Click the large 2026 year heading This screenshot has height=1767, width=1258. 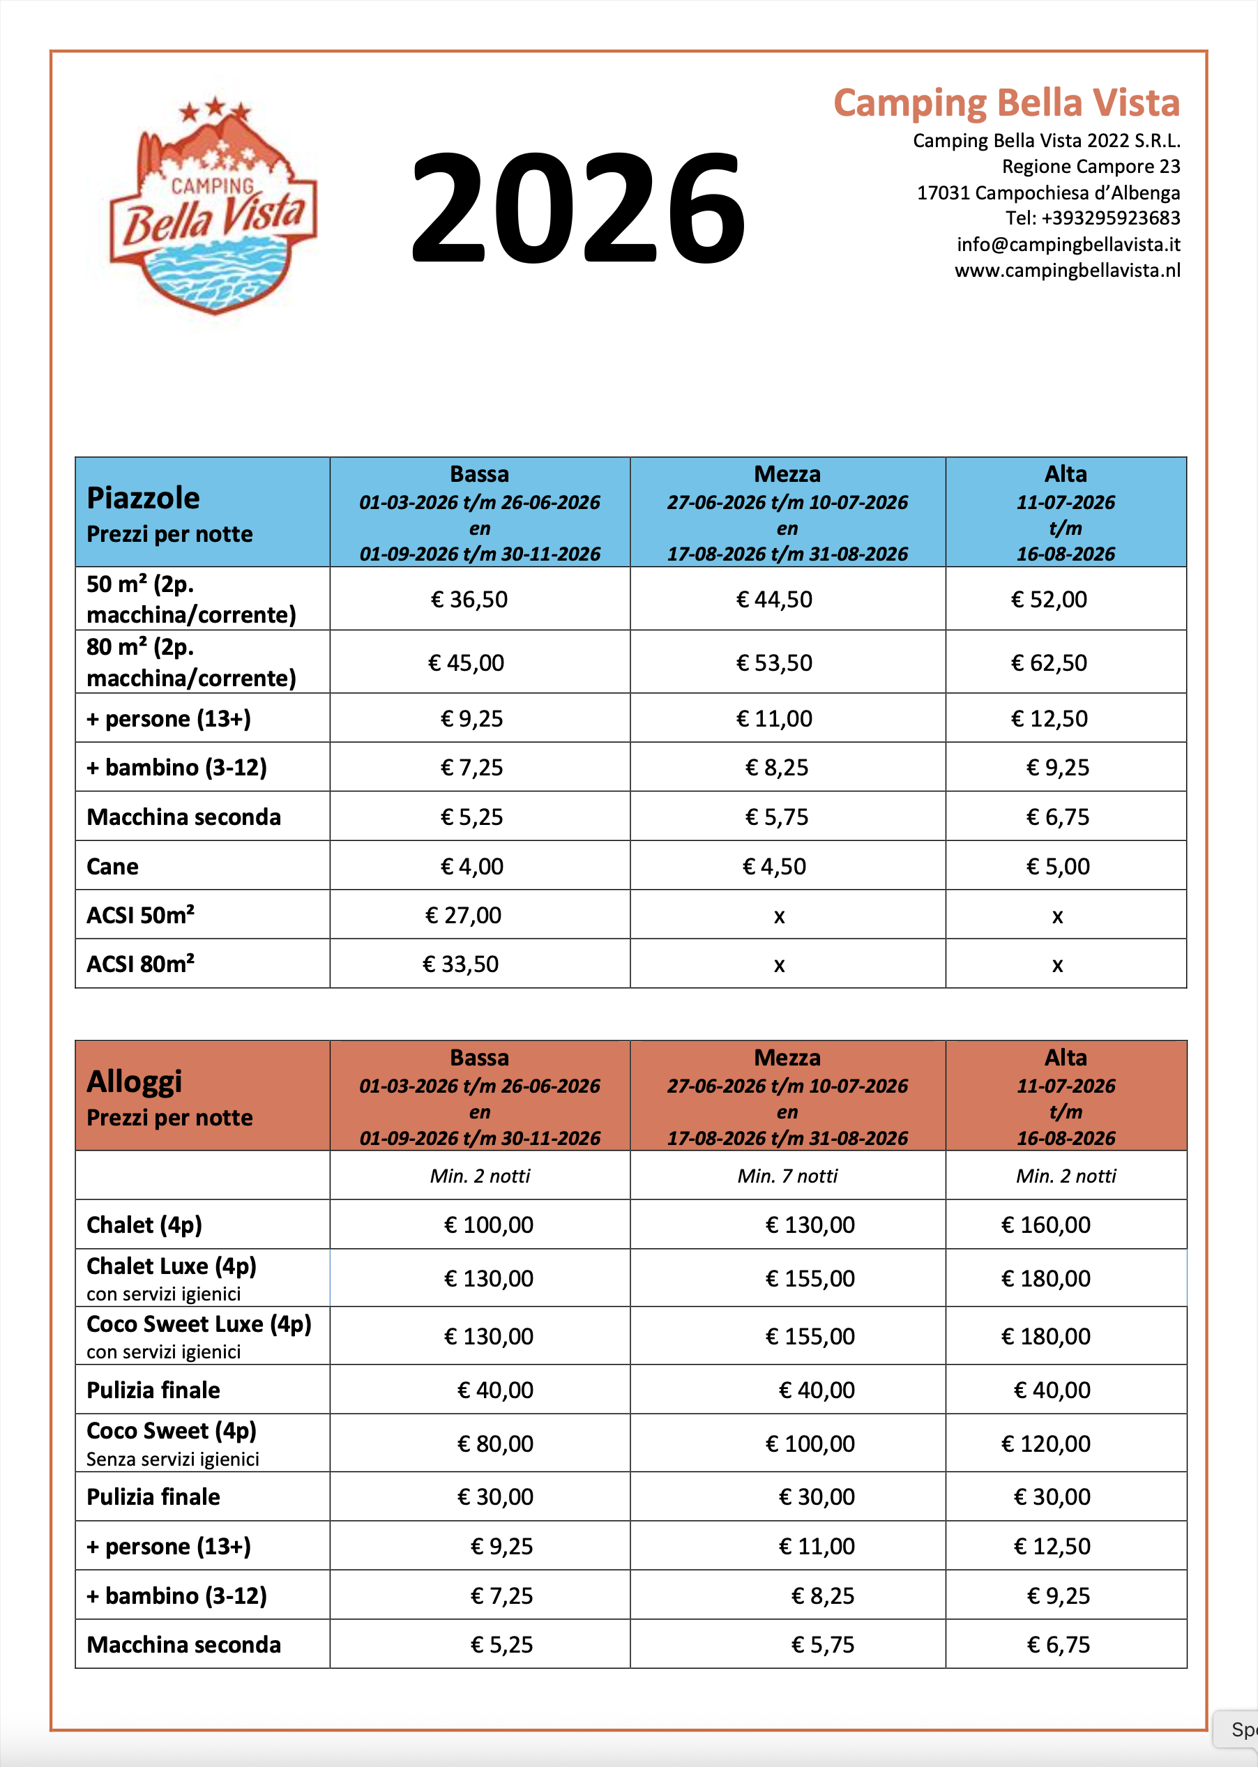(578, 208)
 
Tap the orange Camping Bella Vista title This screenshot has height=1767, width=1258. (1006, 103)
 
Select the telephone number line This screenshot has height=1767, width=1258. (1092, 218)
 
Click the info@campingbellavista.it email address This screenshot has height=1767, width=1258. (1068, 245)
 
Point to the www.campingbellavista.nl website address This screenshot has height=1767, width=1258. (1067, 271)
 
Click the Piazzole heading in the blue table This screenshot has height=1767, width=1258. (144, 498)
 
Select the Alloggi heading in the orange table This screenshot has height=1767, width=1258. (134, 1082)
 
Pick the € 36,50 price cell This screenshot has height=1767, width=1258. (469, 600)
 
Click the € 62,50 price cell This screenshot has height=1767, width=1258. (1049, 663)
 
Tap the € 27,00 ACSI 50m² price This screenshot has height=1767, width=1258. (463, 916)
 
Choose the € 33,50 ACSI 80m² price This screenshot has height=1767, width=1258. (460, 964)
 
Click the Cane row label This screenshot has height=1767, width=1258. (112, 866)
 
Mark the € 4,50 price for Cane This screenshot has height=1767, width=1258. (774, 866)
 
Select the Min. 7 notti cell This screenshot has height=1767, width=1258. (787, 1176)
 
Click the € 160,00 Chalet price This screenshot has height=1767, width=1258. (1046, 1224)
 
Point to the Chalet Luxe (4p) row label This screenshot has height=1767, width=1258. (171, 1266)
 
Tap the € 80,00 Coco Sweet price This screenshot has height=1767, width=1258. (495, 1444)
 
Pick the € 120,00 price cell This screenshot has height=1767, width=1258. (1046, 1444)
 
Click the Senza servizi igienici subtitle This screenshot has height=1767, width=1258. (173, 1459)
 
